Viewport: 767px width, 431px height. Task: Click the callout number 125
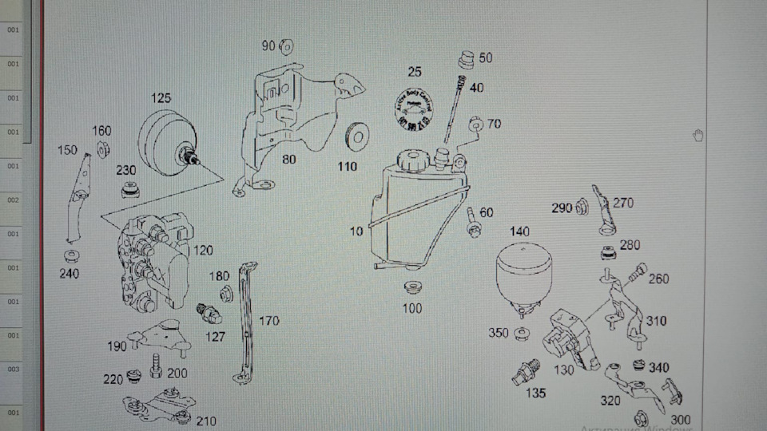tap(161, 98)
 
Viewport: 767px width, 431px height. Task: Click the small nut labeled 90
tap(287, 45)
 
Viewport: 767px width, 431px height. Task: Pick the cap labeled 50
tap(466, 59)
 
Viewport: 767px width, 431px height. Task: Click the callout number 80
tap(288, 159)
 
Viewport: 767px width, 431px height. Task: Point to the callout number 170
tap(269, 322)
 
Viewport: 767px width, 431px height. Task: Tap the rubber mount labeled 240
tap(71, 256)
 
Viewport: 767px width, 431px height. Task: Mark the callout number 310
tap(656, 321)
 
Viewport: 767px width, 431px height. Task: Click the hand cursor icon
tap(697, 135)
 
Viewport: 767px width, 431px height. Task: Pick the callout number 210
tap(205, 421)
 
